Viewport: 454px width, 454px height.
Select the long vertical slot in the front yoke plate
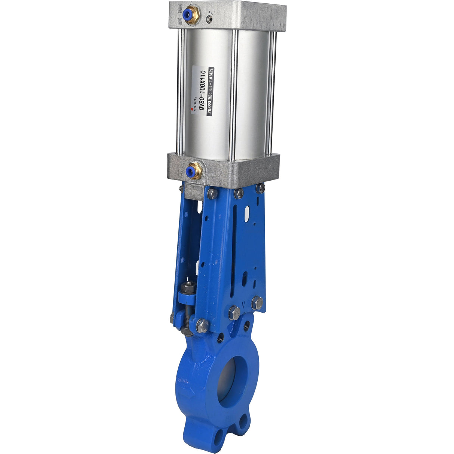pos(235,258)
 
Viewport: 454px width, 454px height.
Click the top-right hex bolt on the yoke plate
pos(260,189)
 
